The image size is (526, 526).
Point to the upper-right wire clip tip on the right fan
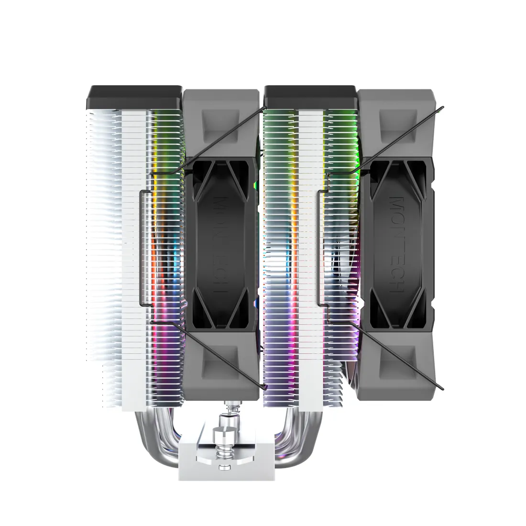point(443,107)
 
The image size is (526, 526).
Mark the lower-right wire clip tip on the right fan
point(443,386)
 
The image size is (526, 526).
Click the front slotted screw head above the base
point(224,436)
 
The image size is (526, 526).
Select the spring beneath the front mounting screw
point(223,452)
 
